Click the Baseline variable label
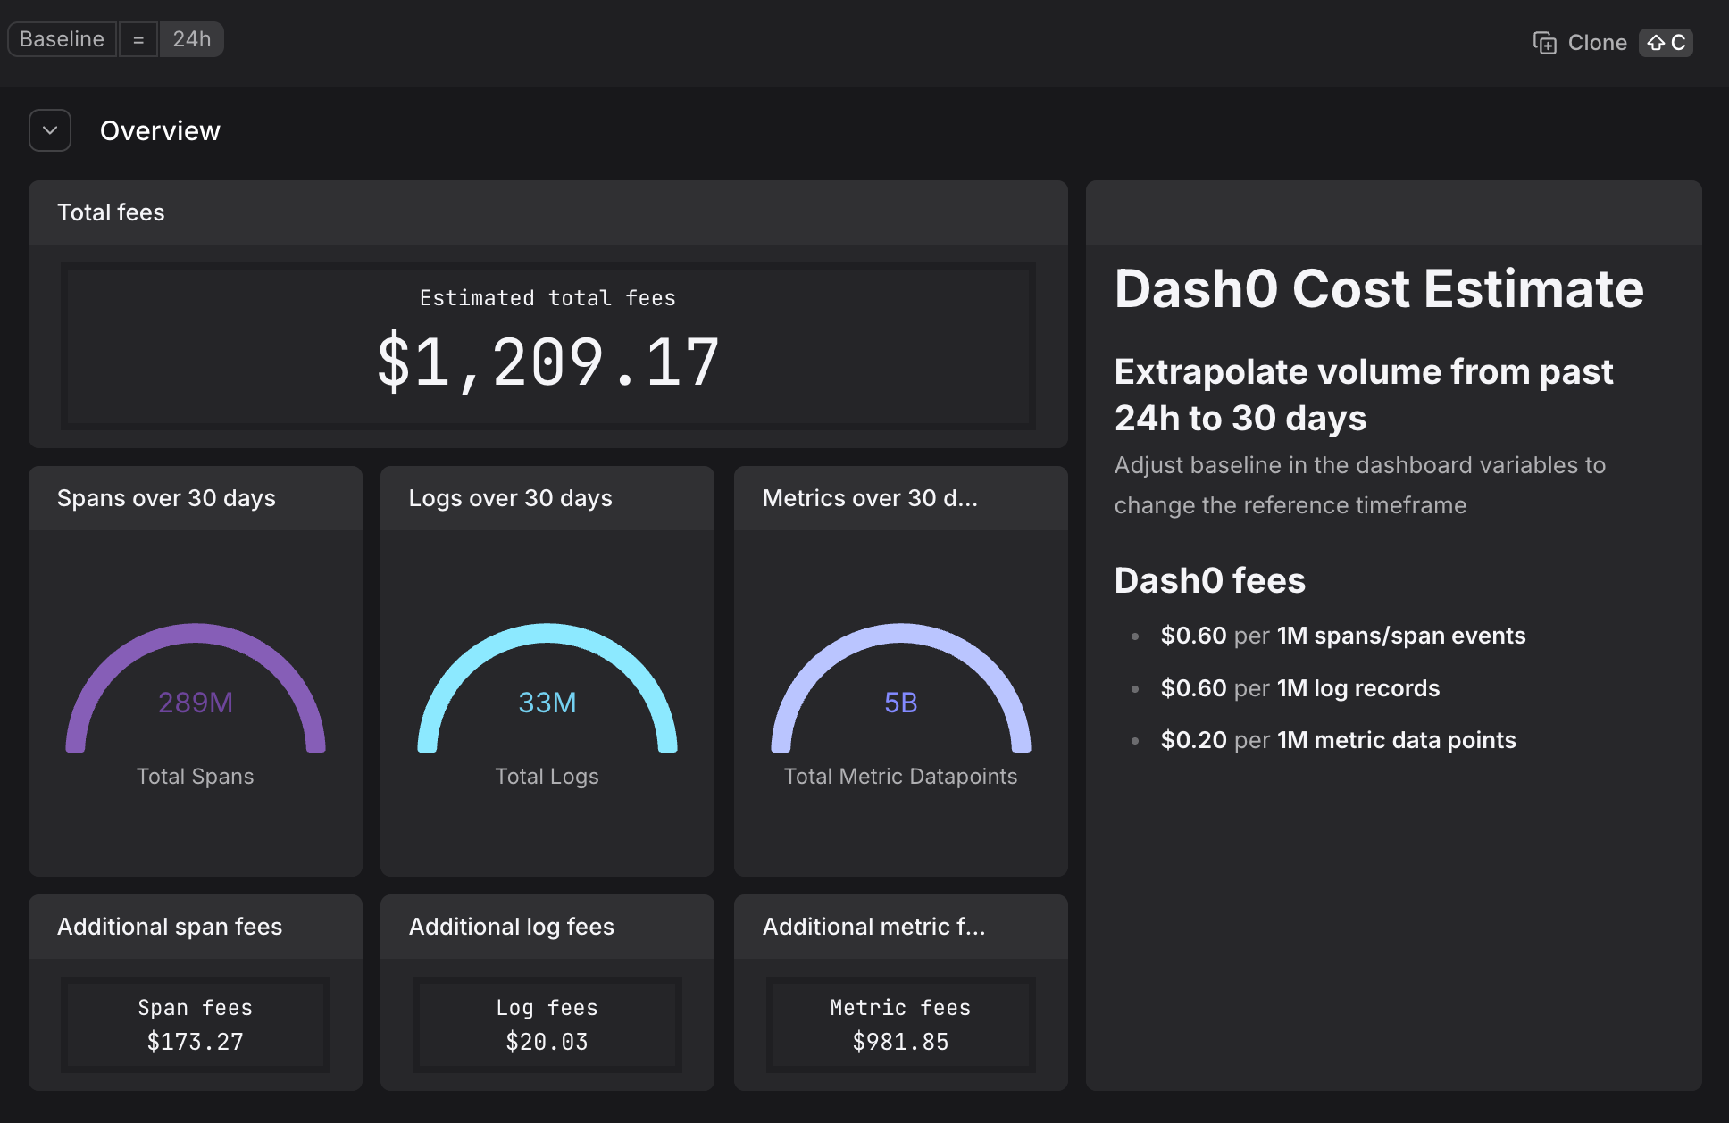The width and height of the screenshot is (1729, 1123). [x=62, y=39]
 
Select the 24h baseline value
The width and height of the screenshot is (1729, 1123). [x=191, y=39]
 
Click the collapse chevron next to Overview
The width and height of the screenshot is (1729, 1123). [x=50, y=130]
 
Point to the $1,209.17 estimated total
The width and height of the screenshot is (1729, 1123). [x=547, y=362]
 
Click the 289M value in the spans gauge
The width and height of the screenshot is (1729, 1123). [x=196, y=703]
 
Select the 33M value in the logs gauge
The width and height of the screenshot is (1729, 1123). [x=547, y=703]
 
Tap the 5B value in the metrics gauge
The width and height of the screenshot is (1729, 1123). [x=900, y=703]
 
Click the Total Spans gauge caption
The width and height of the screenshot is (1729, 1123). [x=196, y=777]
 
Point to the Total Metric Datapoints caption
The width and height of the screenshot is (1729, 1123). [x=900, y=777]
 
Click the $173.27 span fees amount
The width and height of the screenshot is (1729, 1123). [x=196, y=1042]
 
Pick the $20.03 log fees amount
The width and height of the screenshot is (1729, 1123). [x=547, y=1042]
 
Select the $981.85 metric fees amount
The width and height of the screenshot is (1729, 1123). [x=900, y=1042]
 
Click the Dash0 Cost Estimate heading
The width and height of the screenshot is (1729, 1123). [x=1379, y=288]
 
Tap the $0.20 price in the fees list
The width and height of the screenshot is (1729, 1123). [x=1193, y=740]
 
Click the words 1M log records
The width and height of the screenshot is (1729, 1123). [x=1358, y=688]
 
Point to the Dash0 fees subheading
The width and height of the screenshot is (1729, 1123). [x=1210, y=580]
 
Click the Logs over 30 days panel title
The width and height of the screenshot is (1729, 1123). [x=511, y=498]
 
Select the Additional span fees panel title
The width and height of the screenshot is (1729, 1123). [x=170, y=927]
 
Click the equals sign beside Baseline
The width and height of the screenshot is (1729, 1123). [x=138, y=40]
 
